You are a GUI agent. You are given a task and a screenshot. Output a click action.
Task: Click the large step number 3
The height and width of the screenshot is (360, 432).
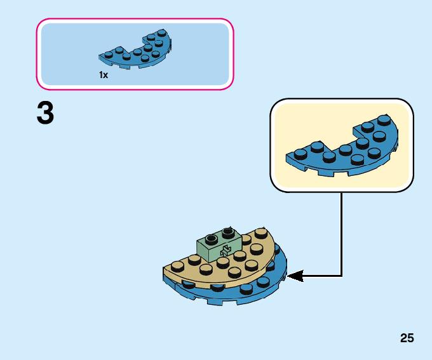(x=45, y=114)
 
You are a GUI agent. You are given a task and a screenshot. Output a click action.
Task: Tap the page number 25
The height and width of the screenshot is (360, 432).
(x=407, y=338)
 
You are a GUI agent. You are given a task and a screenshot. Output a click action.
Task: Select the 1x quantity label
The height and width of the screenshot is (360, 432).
(x=104, y=75)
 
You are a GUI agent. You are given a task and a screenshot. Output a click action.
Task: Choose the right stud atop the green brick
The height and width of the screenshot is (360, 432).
(x=227, y=232)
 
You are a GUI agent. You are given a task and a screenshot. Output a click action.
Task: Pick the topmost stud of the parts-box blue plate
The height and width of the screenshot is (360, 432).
(x=161, y=32)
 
